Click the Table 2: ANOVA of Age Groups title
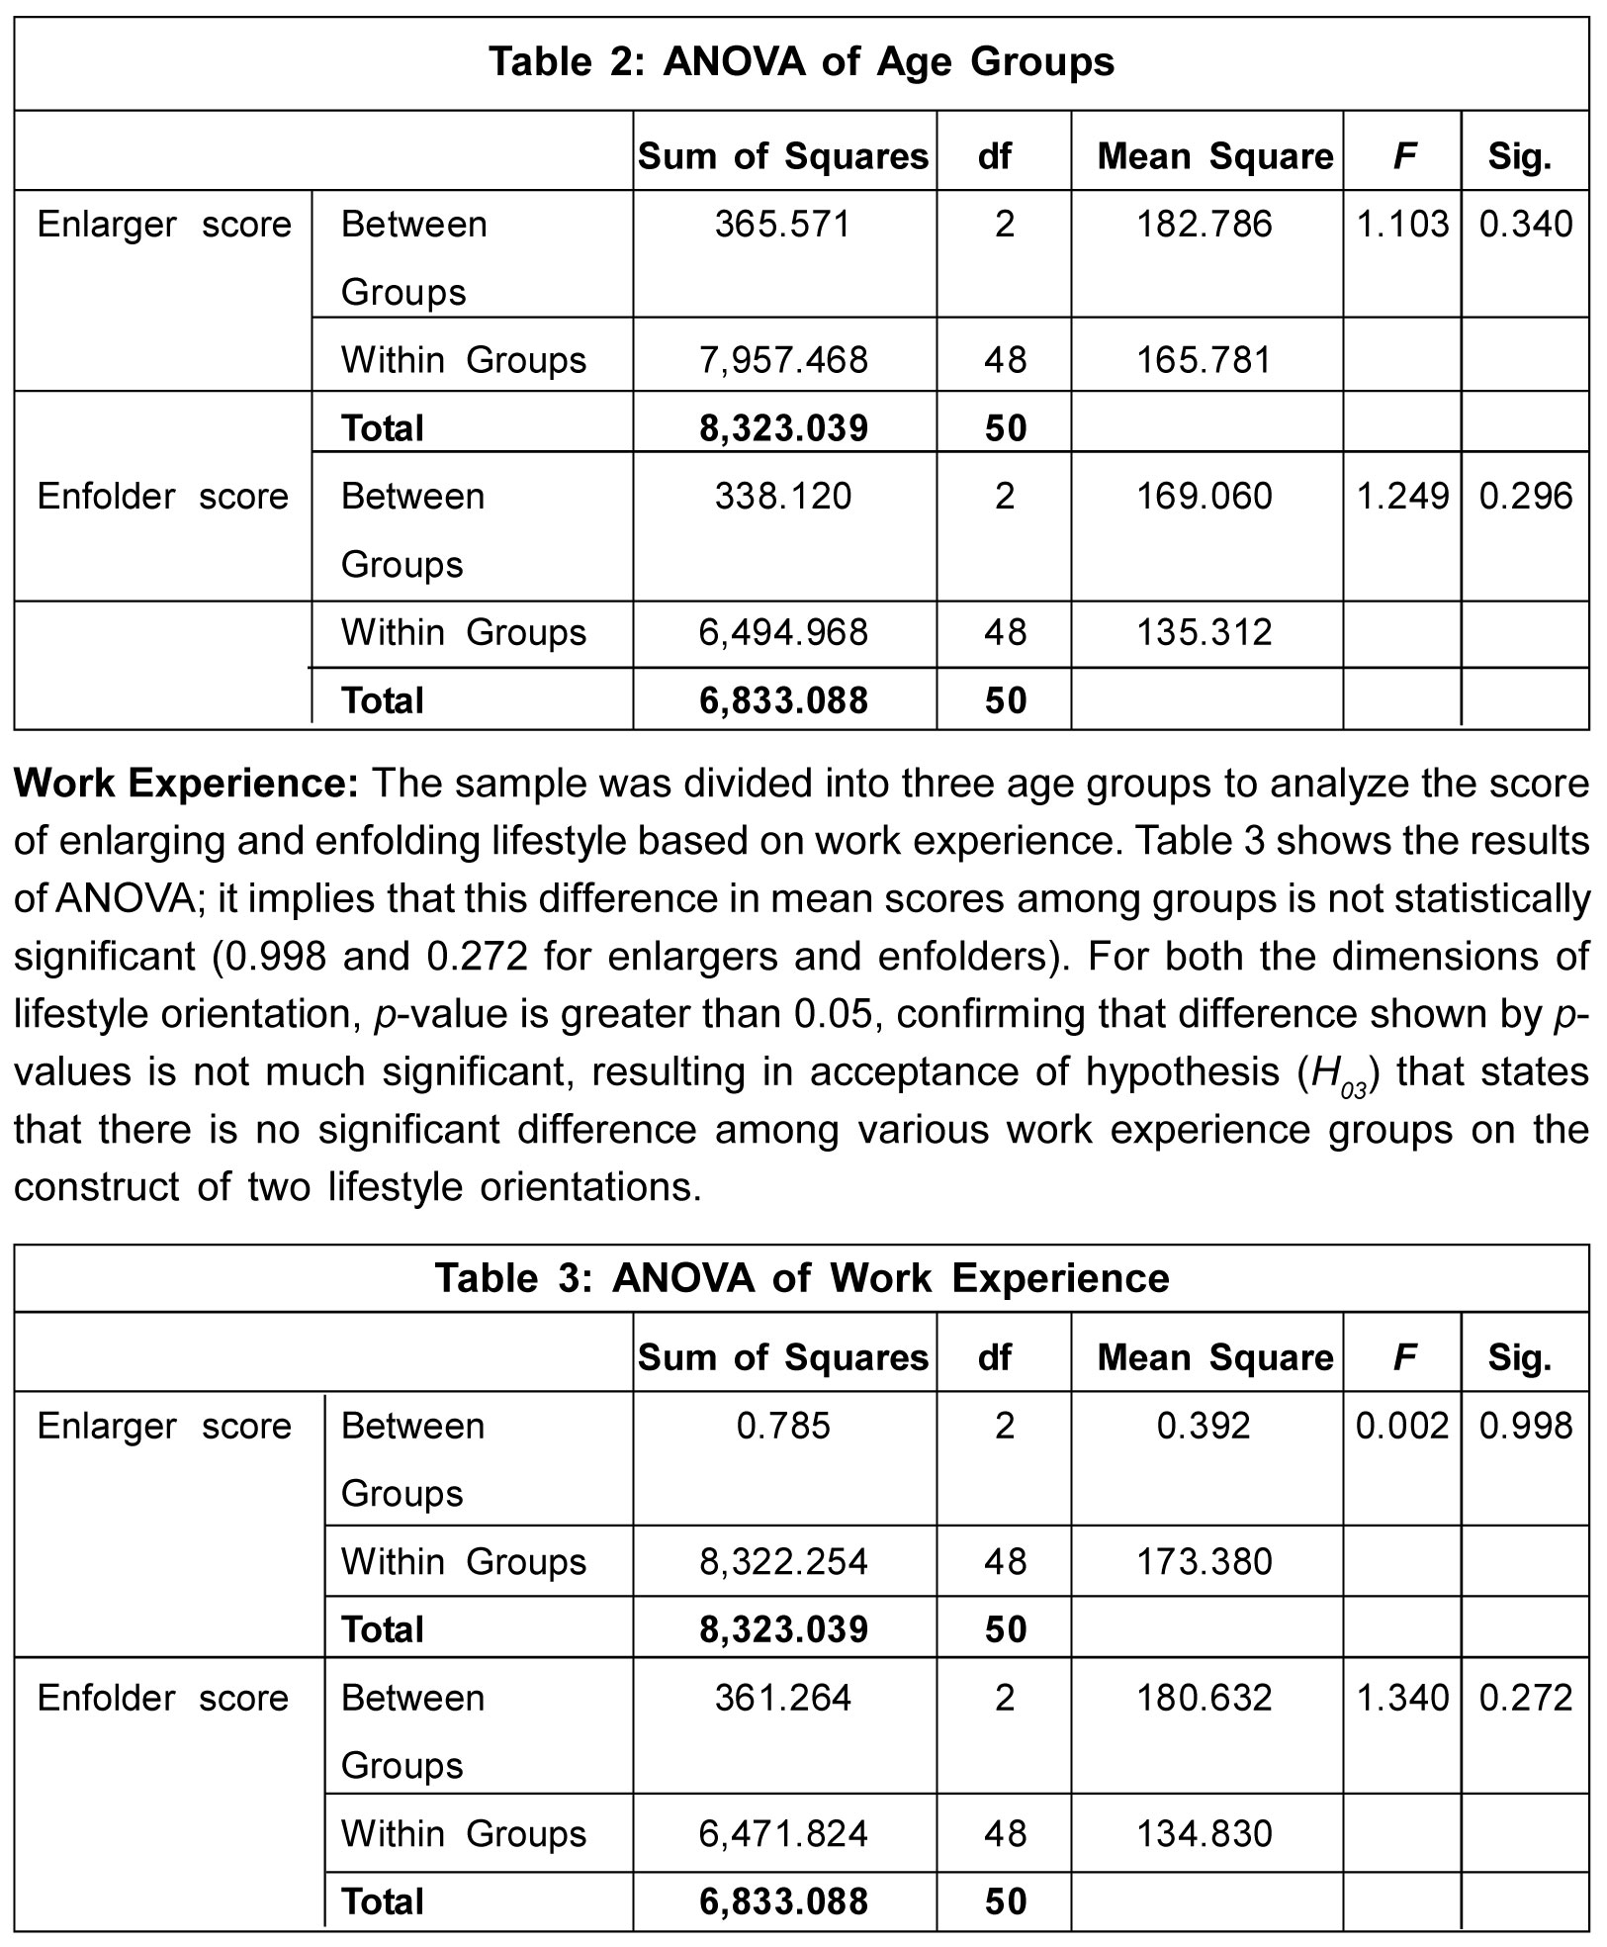(x=801, y=62)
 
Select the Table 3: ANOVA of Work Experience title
(x=801, y=1278)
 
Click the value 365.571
(x=783, y=225)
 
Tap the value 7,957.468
(x=783, y=359)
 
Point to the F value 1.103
(x=1401, y=225)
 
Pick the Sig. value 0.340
(x=1525, y=225)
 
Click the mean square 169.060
(x=1205, y=496)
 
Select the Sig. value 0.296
(x=1525, y=496)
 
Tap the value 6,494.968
(x=783, y=632)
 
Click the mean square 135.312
(x=1205, y=632)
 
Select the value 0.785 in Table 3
(x=783, y=1426)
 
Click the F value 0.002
(x=1401, y=1426)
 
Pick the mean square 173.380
(x=1205, y=1562)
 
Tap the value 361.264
(x=783, y=1698)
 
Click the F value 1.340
(x=1401, y=1698)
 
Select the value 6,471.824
(x=783, y=1834)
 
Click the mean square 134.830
(x=1205, y=1834)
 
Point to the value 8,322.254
(x=783, y=1562)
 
